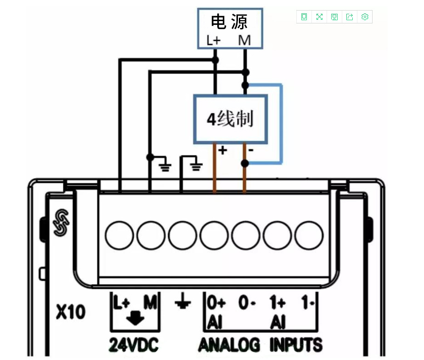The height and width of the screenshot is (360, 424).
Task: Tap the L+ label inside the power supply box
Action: (x=214, y=40)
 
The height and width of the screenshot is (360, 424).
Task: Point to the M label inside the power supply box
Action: (x=244, y=40)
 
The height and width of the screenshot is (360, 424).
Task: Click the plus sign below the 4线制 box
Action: (x=222, y=150)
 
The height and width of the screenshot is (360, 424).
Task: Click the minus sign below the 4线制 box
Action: (x=251, y=150)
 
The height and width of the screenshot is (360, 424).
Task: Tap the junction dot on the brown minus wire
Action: (x=245, y=163)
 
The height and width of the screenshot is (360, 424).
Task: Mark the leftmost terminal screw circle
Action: (x=119, y=235)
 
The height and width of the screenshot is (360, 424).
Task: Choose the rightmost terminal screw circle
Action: (x=309, y=235)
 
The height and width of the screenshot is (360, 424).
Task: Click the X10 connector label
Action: (x=71, y=312)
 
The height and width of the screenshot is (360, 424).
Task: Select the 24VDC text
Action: (x=134, y=345)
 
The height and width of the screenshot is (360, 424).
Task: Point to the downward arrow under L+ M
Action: (x=135, y=318)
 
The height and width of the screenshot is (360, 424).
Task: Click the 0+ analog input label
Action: (x=216, y=302)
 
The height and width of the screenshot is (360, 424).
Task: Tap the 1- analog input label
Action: (x=308, y=302)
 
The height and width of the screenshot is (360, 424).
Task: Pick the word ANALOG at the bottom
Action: (x=229, y=345)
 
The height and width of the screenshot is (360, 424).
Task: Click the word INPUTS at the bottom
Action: (x=296, y=345)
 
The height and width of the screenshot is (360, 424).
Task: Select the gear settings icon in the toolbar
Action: (x=365, y=17)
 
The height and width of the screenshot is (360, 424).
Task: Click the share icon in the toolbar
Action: (x=350, y=17)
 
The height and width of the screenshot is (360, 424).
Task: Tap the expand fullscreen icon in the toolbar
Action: (x=319, y=17)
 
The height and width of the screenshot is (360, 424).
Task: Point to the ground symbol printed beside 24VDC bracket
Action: (x=183, y=301)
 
